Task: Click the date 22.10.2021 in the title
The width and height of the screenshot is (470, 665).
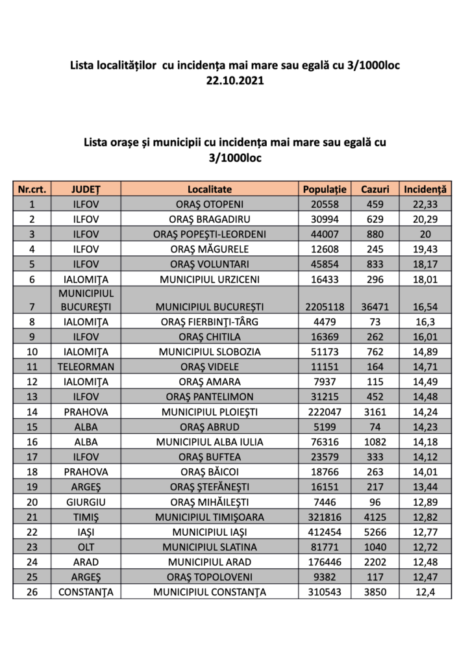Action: [235, 82]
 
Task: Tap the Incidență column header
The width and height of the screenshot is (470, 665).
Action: [425, 189]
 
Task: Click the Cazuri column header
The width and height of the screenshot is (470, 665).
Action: [375, 189]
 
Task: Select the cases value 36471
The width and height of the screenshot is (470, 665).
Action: [375, 306]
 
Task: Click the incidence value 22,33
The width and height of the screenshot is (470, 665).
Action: [425, 204]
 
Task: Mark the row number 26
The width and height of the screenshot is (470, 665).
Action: [32, 592]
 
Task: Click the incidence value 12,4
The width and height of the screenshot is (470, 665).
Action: [425, 592]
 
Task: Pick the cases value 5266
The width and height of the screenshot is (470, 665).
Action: [375, 531]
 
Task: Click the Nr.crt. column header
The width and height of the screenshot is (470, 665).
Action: [32, 189]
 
